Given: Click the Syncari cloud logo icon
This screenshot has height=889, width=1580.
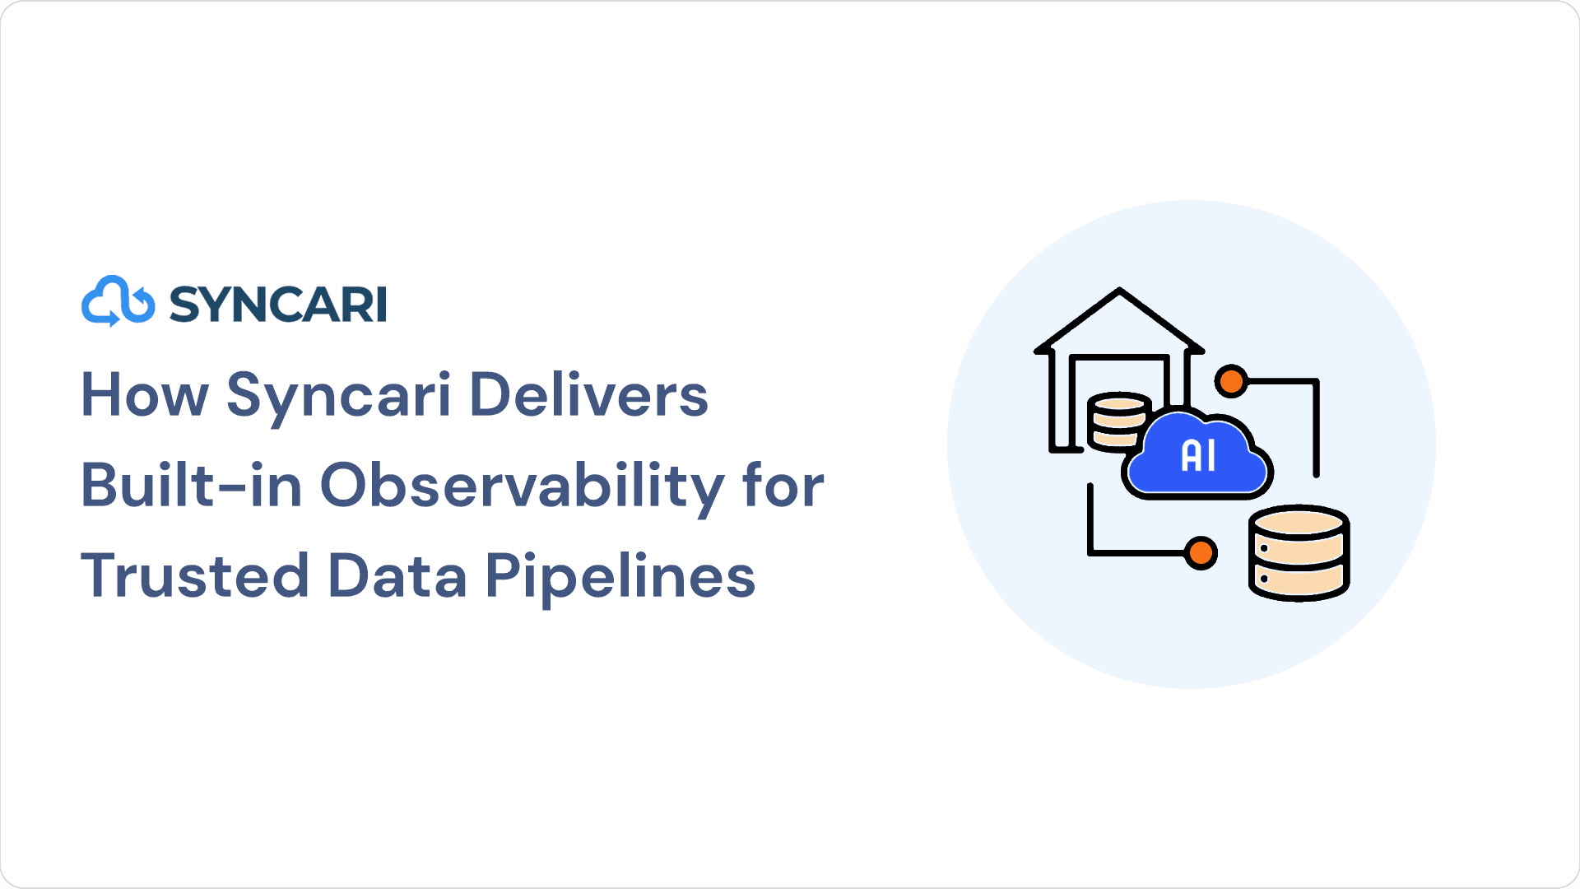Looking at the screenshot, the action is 118,301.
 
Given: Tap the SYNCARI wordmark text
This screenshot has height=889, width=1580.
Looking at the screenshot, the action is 278,305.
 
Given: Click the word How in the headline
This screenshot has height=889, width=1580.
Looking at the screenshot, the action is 145,395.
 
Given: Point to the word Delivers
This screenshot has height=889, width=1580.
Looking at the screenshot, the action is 588,394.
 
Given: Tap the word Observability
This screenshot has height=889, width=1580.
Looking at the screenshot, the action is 523,487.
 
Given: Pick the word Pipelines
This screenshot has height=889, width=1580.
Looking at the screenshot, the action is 620,578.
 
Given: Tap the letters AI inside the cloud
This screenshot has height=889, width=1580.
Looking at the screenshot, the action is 1198,455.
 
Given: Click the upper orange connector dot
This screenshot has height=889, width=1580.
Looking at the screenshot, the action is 1232,381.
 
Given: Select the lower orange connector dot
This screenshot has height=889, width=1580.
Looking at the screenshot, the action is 1201,552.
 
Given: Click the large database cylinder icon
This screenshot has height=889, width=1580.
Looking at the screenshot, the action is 1299,553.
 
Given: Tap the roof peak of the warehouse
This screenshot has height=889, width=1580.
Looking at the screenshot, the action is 1119,290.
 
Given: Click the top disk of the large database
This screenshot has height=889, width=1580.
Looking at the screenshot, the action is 1299,523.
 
